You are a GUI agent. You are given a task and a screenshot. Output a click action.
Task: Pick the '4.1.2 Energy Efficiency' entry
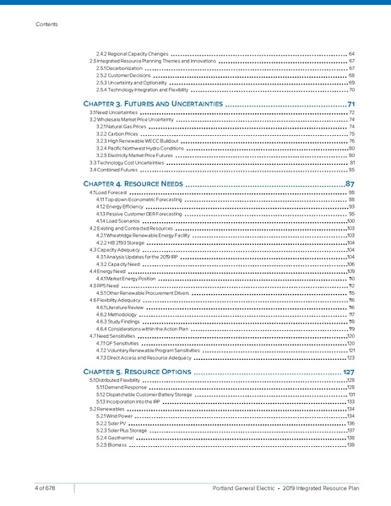[x=120, y=206]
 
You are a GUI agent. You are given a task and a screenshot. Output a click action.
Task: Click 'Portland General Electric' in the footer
[x=242, y=487]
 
